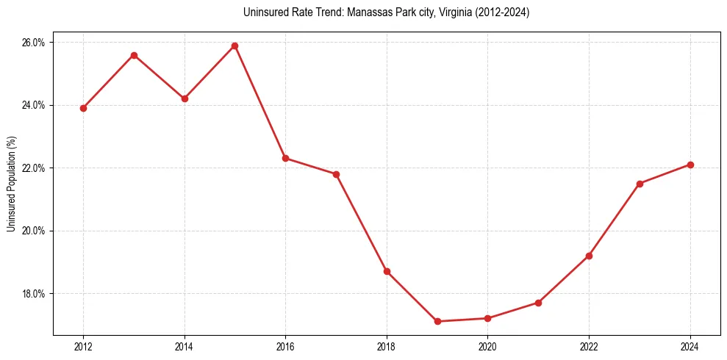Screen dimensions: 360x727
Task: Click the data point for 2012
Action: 83,108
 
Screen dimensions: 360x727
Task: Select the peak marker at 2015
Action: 235,46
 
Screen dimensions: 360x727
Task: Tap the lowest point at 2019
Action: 437,321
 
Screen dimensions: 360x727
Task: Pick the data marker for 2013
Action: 134,55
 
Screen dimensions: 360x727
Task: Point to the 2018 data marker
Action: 387,271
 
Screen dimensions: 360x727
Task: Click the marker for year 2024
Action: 690,165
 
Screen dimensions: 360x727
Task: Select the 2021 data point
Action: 538,303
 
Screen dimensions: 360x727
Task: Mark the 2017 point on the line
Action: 336,174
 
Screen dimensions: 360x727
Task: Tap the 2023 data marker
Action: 640,184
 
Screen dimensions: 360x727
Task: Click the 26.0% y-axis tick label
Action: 34,43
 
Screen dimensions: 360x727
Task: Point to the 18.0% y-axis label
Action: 34,294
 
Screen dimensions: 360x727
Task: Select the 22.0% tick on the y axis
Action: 34,168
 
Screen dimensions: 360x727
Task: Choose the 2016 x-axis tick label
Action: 285,347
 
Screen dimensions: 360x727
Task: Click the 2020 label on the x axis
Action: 487,347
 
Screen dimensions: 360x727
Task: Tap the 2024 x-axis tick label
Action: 690,347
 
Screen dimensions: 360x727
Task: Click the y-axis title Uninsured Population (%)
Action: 11,184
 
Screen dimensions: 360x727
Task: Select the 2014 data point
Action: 185,98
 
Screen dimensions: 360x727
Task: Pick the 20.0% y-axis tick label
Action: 34,231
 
